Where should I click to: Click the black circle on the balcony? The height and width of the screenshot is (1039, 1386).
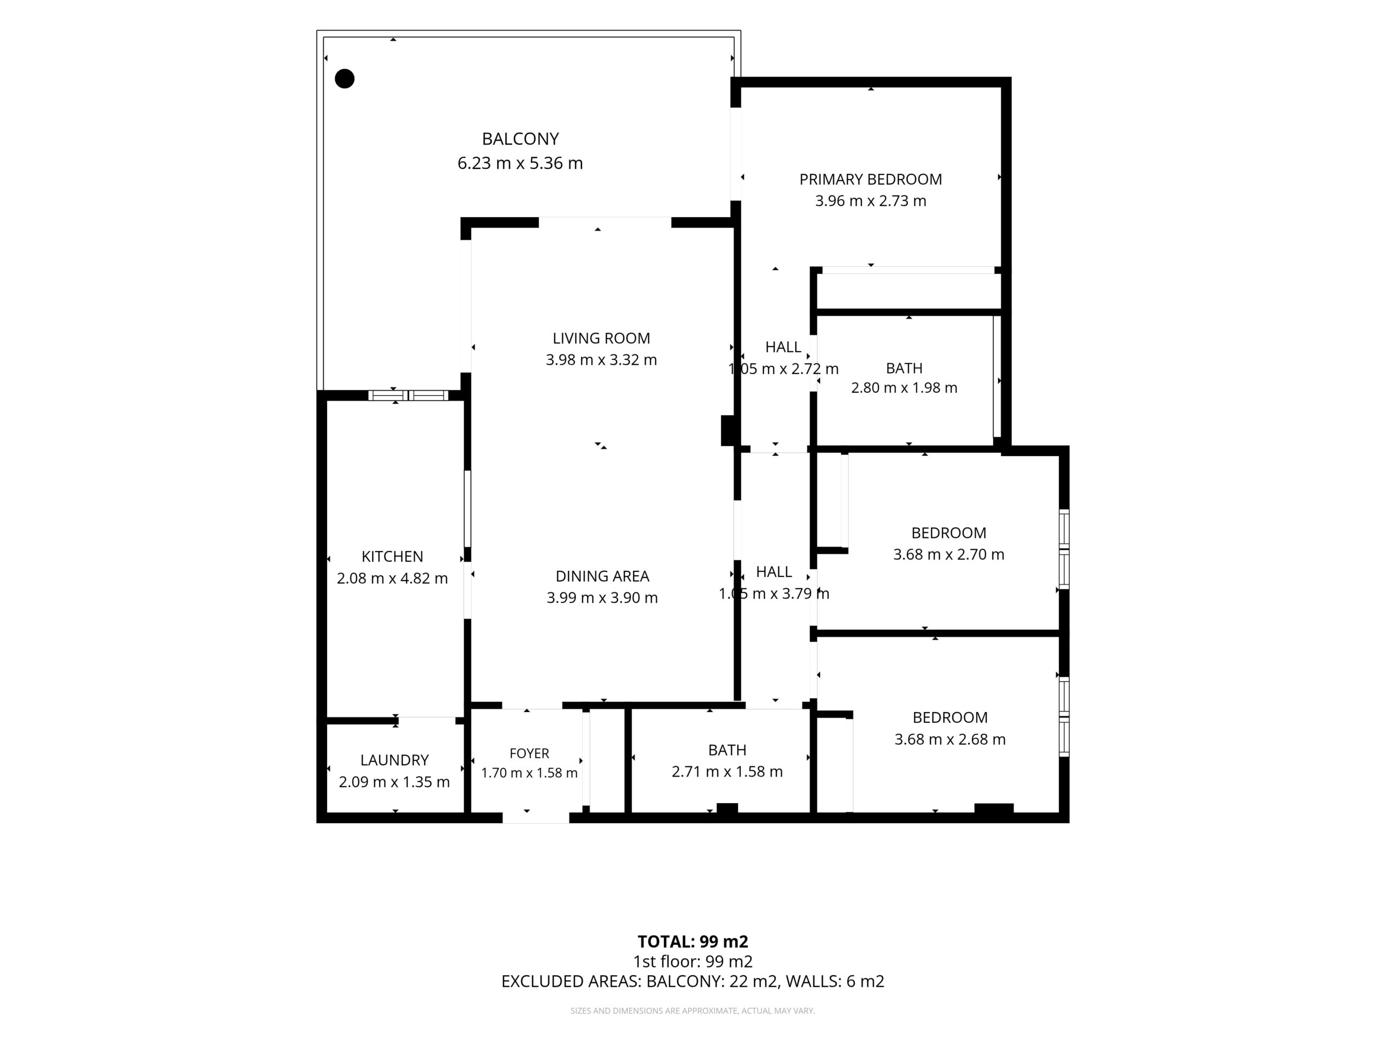(345, 79)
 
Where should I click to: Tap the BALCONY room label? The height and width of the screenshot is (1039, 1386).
(520, 139)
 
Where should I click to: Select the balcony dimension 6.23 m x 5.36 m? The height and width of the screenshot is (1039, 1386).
(520, 163)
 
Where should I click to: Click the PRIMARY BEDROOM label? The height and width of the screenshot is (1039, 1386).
(871, 180)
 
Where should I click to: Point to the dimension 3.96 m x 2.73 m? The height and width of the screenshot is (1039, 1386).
(871, 201)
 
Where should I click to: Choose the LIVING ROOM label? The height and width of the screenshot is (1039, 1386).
(601, 339)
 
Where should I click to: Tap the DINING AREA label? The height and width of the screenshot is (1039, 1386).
(602, 576)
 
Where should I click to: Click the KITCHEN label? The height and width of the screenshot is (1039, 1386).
(392, 557)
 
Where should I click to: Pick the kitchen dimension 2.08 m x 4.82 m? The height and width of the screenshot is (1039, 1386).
(392, 578)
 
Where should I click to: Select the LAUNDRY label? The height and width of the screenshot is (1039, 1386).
(394, 760)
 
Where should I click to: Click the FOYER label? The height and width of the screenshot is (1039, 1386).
(529, 753)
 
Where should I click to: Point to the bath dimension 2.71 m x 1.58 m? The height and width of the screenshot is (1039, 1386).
(727, 772)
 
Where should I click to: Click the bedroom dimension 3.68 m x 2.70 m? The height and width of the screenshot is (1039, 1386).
(949, 554)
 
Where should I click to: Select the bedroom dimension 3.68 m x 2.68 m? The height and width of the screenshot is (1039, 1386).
(950, 740)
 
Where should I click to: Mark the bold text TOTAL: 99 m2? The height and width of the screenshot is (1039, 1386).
(693, 942)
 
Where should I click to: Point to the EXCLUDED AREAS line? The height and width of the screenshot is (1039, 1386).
(693, 982)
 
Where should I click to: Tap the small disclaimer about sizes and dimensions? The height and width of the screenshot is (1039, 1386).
(692, 1011)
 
